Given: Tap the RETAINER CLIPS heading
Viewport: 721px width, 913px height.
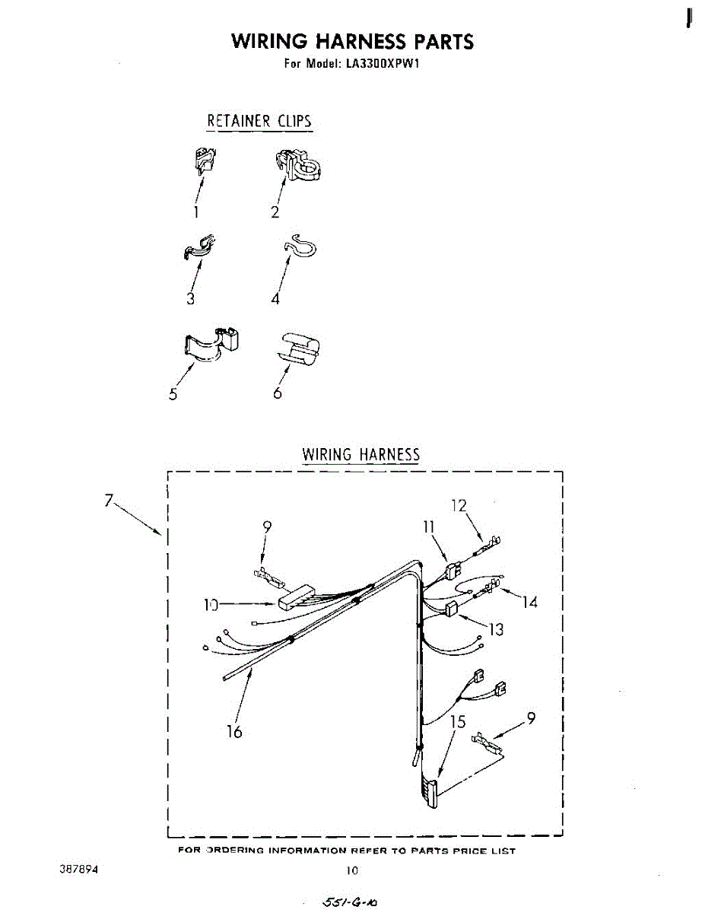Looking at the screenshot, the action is point(259,121).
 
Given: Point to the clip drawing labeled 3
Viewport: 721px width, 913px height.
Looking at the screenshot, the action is point(199,248).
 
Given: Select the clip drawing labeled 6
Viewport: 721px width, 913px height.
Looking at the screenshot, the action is point(297,348).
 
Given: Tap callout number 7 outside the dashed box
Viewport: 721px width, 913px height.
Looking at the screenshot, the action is point(110,501).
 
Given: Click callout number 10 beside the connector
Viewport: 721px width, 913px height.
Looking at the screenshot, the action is point(210,605).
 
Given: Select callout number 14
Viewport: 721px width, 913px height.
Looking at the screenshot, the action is point(529,602).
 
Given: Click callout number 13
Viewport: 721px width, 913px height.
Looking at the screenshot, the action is point(496,629).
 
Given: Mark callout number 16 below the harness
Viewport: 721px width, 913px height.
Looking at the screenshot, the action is point(234,732).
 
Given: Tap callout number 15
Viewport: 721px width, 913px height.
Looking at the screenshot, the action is point(458,721).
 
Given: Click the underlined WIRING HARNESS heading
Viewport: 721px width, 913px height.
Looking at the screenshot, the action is point(360,455).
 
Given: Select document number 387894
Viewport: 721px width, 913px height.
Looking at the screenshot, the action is point(79,868).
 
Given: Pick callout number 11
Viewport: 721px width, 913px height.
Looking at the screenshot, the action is point(429,526).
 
